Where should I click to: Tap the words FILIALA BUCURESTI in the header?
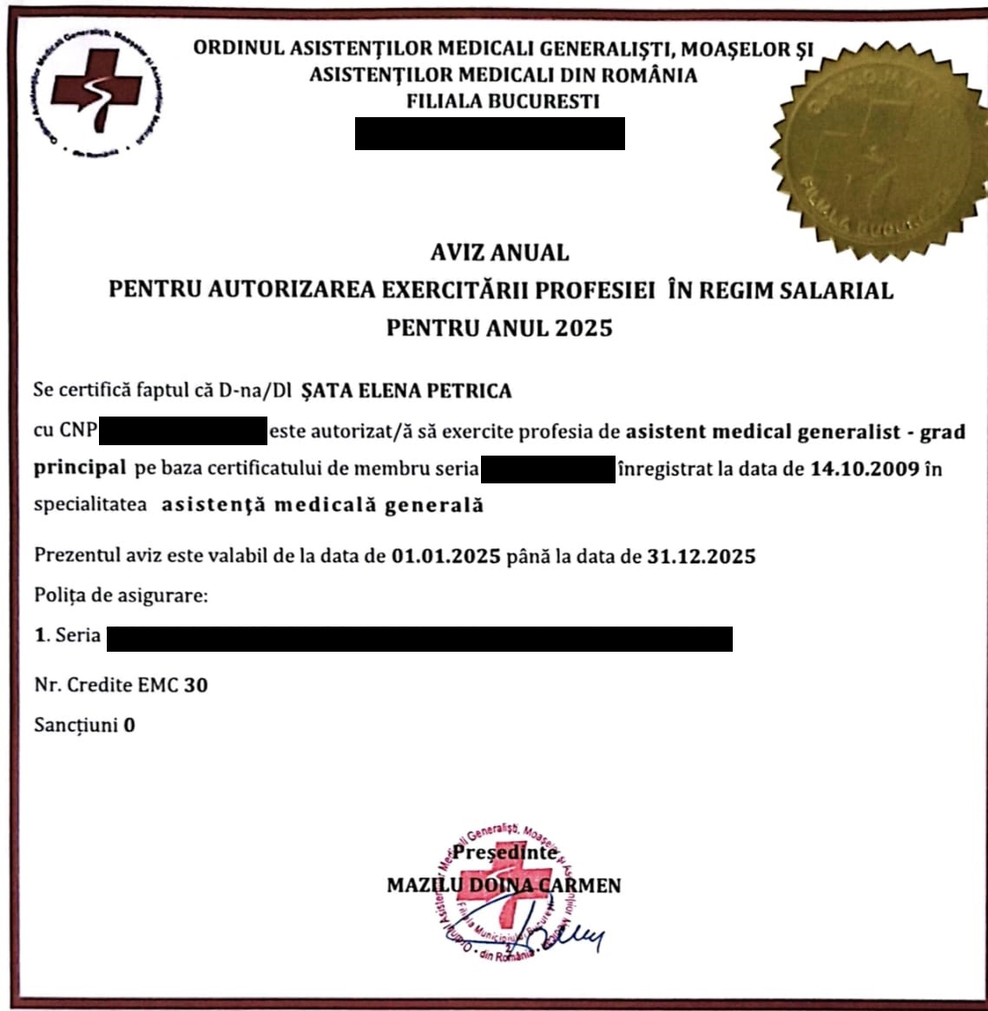click(503, 102)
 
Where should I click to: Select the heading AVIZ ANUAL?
click(499, 253)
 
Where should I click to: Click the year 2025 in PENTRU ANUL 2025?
click(583, 328)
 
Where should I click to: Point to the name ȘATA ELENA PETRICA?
click(405, 391)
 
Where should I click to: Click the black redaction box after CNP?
click(183, 430)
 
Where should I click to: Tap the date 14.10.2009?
click(864, 469)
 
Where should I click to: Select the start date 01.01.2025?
click(445, 556)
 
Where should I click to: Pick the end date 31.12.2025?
click(701, 556)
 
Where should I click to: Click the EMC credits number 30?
click(195, 685)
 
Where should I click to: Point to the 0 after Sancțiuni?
click(129, 725)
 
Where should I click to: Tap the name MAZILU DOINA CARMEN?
click(504, 885)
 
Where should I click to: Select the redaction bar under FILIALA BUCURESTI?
click(490, 134)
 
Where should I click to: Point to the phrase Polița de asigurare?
click(121, 596)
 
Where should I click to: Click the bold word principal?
click(80, 468)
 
